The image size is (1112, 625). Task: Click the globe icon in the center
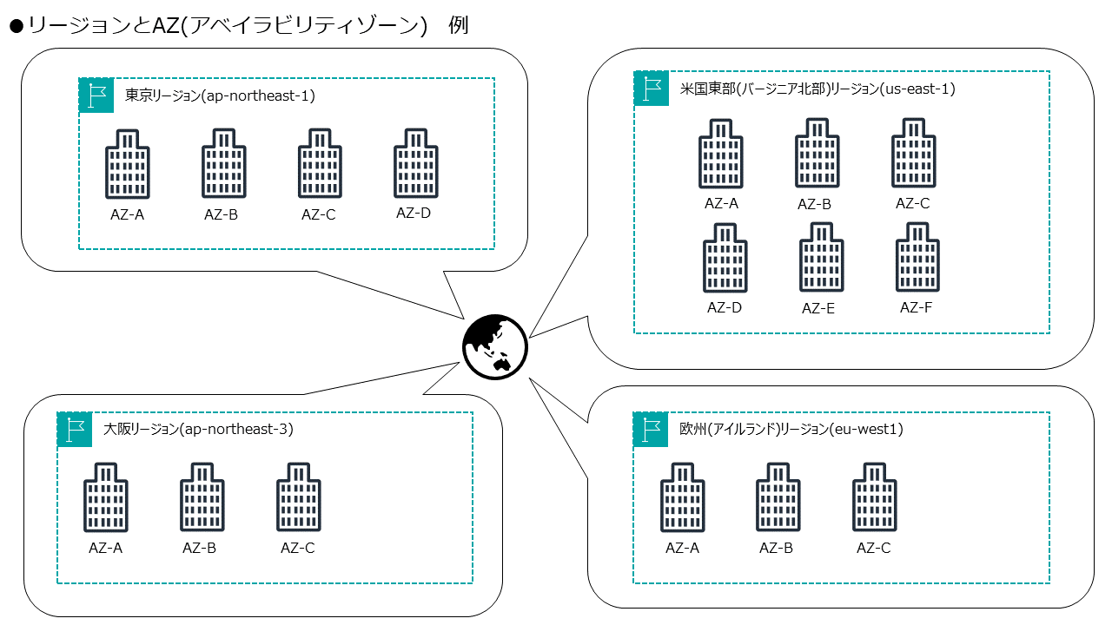pos(494,346)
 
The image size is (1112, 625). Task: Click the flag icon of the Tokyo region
pos(96,95)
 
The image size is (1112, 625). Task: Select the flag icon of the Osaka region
pos(75,429)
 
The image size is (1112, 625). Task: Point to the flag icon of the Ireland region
pos(651,429)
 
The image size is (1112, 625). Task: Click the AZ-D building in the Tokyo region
pos(416,164)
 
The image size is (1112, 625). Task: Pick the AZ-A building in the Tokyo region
pos(127,164)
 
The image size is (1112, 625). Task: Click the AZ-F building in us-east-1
pos(918,258)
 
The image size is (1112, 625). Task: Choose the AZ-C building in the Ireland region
pos(875,497)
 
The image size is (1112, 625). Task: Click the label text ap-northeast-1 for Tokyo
pos(257,95)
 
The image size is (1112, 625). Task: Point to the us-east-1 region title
pos(817,89)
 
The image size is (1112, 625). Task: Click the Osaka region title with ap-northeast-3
pos(198,429)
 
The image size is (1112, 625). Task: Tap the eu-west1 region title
pos(791,429)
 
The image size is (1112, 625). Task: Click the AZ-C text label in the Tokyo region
pos(318,215)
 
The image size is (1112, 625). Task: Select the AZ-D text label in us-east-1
pos(724,307)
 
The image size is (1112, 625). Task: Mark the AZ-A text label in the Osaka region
pos(105,548)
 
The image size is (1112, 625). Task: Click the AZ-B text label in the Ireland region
pos(776,548)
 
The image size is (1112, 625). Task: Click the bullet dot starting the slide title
pos(15,26)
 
